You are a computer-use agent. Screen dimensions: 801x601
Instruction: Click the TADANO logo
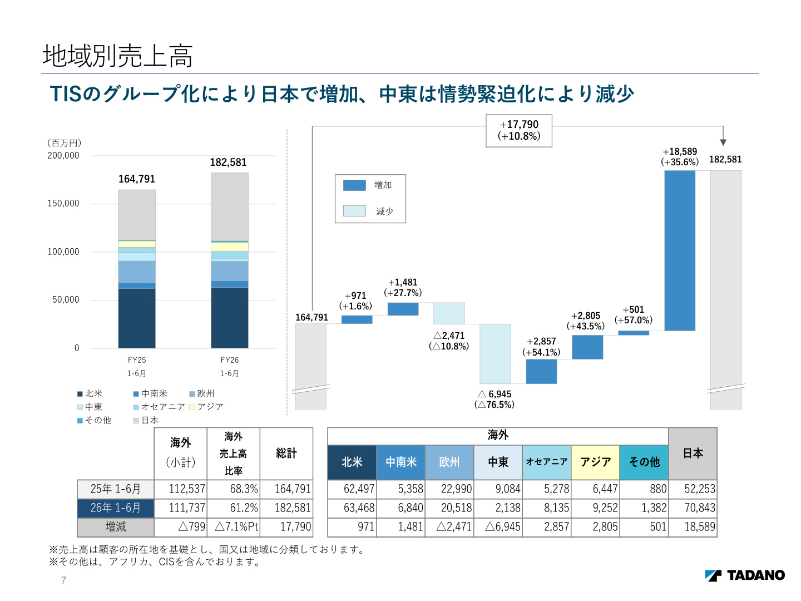click(744, 575)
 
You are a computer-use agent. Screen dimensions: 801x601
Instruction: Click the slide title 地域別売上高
click(117, 56)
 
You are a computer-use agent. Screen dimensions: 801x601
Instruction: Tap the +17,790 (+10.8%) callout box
click(518, 130)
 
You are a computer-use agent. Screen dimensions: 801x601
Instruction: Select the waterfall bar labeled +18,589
click(680, 250)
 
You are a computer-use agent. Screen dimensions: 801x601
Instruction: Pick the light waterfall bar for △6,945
click(495, 353)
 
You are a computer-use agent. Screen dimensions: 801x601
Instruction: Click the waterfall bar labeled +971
click(357, 319)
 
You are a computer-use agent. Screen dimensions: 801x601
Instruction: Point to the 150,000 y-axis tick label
click(63, 203)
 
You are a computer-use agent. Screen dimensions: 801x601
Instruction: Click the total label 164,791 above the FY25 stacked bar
click(136, 179)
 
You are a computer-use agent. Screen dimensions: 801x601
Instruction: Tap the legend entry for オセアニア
click(159, 406)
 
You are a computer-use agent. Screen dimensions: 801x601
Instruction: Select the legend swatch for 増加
click(354, 185)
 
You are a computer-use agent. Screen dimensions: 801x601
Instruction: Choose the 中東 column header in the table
click(498, 462)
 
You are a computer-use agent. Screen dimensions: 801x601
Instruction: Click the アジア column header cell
click(595, 462)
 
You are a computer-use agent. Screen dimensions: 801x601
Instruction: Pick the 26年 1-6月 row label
click(115, 508)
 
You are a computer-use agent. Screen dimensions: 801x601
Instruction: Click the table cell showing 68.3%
click(233, 489)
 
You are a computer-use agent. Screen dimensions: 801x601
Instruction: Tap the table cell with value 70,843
click(693, 508)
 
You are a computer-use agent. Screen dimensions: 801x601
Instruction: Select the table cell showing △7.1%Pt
click(233, 526)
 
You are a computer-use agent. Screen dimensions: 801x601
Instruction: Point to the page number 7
click(63, 580)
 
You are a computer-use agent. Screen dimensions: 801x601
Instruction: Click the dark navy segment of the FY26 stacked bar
click(230, 317)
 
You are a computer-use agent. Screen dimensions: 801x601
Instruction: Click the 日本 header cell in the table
click(693, 453)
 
